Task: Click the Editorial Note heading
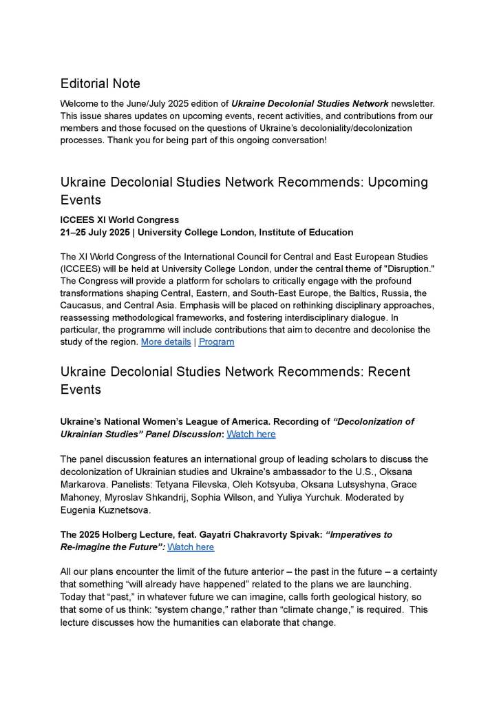[100, 84]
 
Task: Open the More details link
[166, 342]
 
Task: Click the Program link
[217, 342]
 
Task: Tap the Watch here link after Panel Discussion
[251, 434]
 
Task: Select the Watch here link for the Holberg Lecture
[191, 547]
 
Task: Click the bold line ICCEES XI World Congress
[120, 220]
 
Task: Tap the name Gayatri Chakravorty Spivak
[241, 535]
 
